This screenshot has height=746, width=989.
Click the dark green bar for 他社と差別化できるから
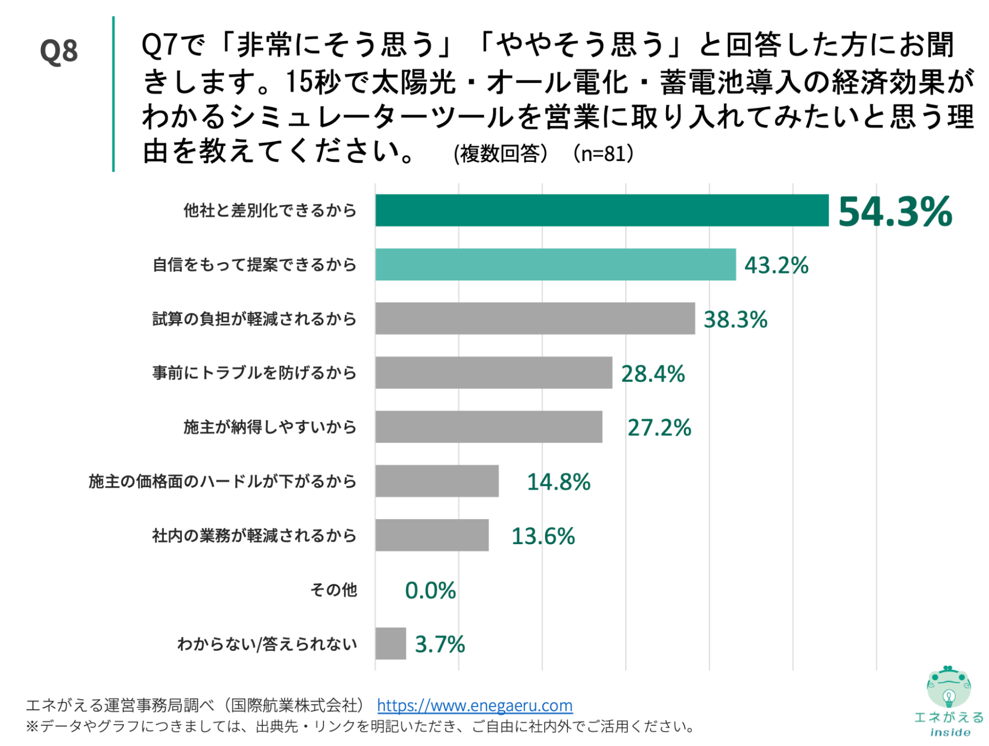pyautogui.click(x=602, y=210)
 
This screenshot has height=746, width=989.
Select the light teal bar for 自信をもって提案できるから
pyautogui.click(x=555, y=265)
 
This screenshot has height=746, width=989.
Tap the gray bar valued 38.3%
pyautogui.click(x=535, y=319)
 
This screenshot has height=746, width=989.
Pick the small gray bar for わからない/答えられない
pyautogui.click(x=390, y=644)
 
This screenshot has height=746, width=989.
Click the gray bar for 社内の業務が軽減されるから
pyautogui.click(x=432, y=535)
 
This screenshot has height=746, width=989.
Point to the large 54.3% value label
pyautogui.click(x=895, y=212)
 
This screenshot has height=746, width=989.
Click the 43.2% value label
pyautogui.click(x=776, y=265)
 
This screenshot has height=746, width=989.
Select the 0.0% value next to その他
pyautogui.click(x=430, y=590)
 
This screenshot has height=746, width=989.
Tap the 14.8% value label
pyautogui.click(x=558, y=482)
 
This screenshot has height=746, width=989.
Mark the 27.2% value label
pyautogui.click(x=659, y=427)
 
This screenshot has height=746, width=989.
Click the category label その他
pyautogui.click(x=333, y=590)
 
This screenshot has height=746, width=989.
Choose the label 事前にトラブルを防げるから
pyautogui.click(x=254, y=373)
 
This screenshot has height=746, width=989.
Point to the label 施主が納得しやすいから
pyautogui.click(x=270, y=427)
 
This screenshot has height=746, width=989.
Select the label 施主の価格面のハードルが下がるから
pyautogui.click(x=223, y=481)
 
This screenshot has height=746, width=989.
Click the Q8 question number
pyautogui.click(x=59, y=51)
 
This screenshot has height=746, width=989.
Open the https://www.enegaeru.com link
pyautogui.click(x=474, y=705)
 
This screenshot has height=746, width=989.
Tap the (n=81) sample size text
pyautogui.click(x=603, y=154)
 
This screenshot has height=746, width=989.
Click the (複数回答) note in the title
pyautogui.click(x=500, y=154)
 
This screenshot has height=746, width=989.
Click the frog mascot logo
pyautogui.click(x=948, y=688)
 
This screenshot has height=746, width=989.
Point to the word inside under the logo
pyautogui.click(x=950, y=732)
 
